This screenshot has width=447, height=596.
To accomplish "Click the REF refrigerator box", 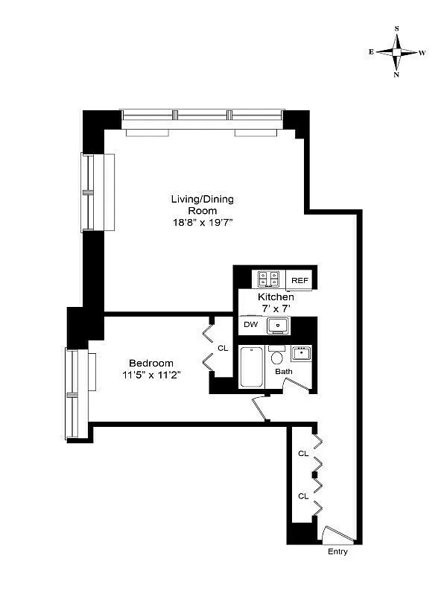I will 299,280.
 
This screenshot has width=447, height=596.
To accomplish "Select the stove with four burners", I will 268,279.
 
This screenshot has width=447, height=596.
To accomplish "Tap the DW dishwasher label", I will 250,325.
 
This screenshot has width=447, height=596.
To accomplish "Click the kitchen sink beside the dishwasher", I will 277,326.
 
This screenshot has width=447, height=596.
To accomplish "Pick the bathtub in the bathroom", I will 251,367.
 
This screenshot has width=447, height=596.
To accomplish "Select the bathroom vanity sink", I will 301,352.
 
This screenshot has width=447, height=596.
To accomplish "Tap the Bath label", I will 283,371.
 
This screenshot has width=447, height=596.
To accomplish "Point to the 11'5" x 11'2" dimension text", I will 153,375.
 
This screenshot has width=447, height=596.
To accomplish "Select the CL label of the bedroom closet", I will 222,348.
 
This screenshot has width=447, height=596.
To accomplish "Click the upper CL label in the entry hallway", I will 303,453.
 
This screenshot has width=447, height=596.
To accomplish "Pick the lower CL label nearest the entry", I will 303,495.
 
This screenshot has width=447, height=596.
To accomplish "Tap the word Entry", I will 337,552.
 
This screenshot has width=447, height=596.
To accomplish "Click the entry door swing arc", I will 339,534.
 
